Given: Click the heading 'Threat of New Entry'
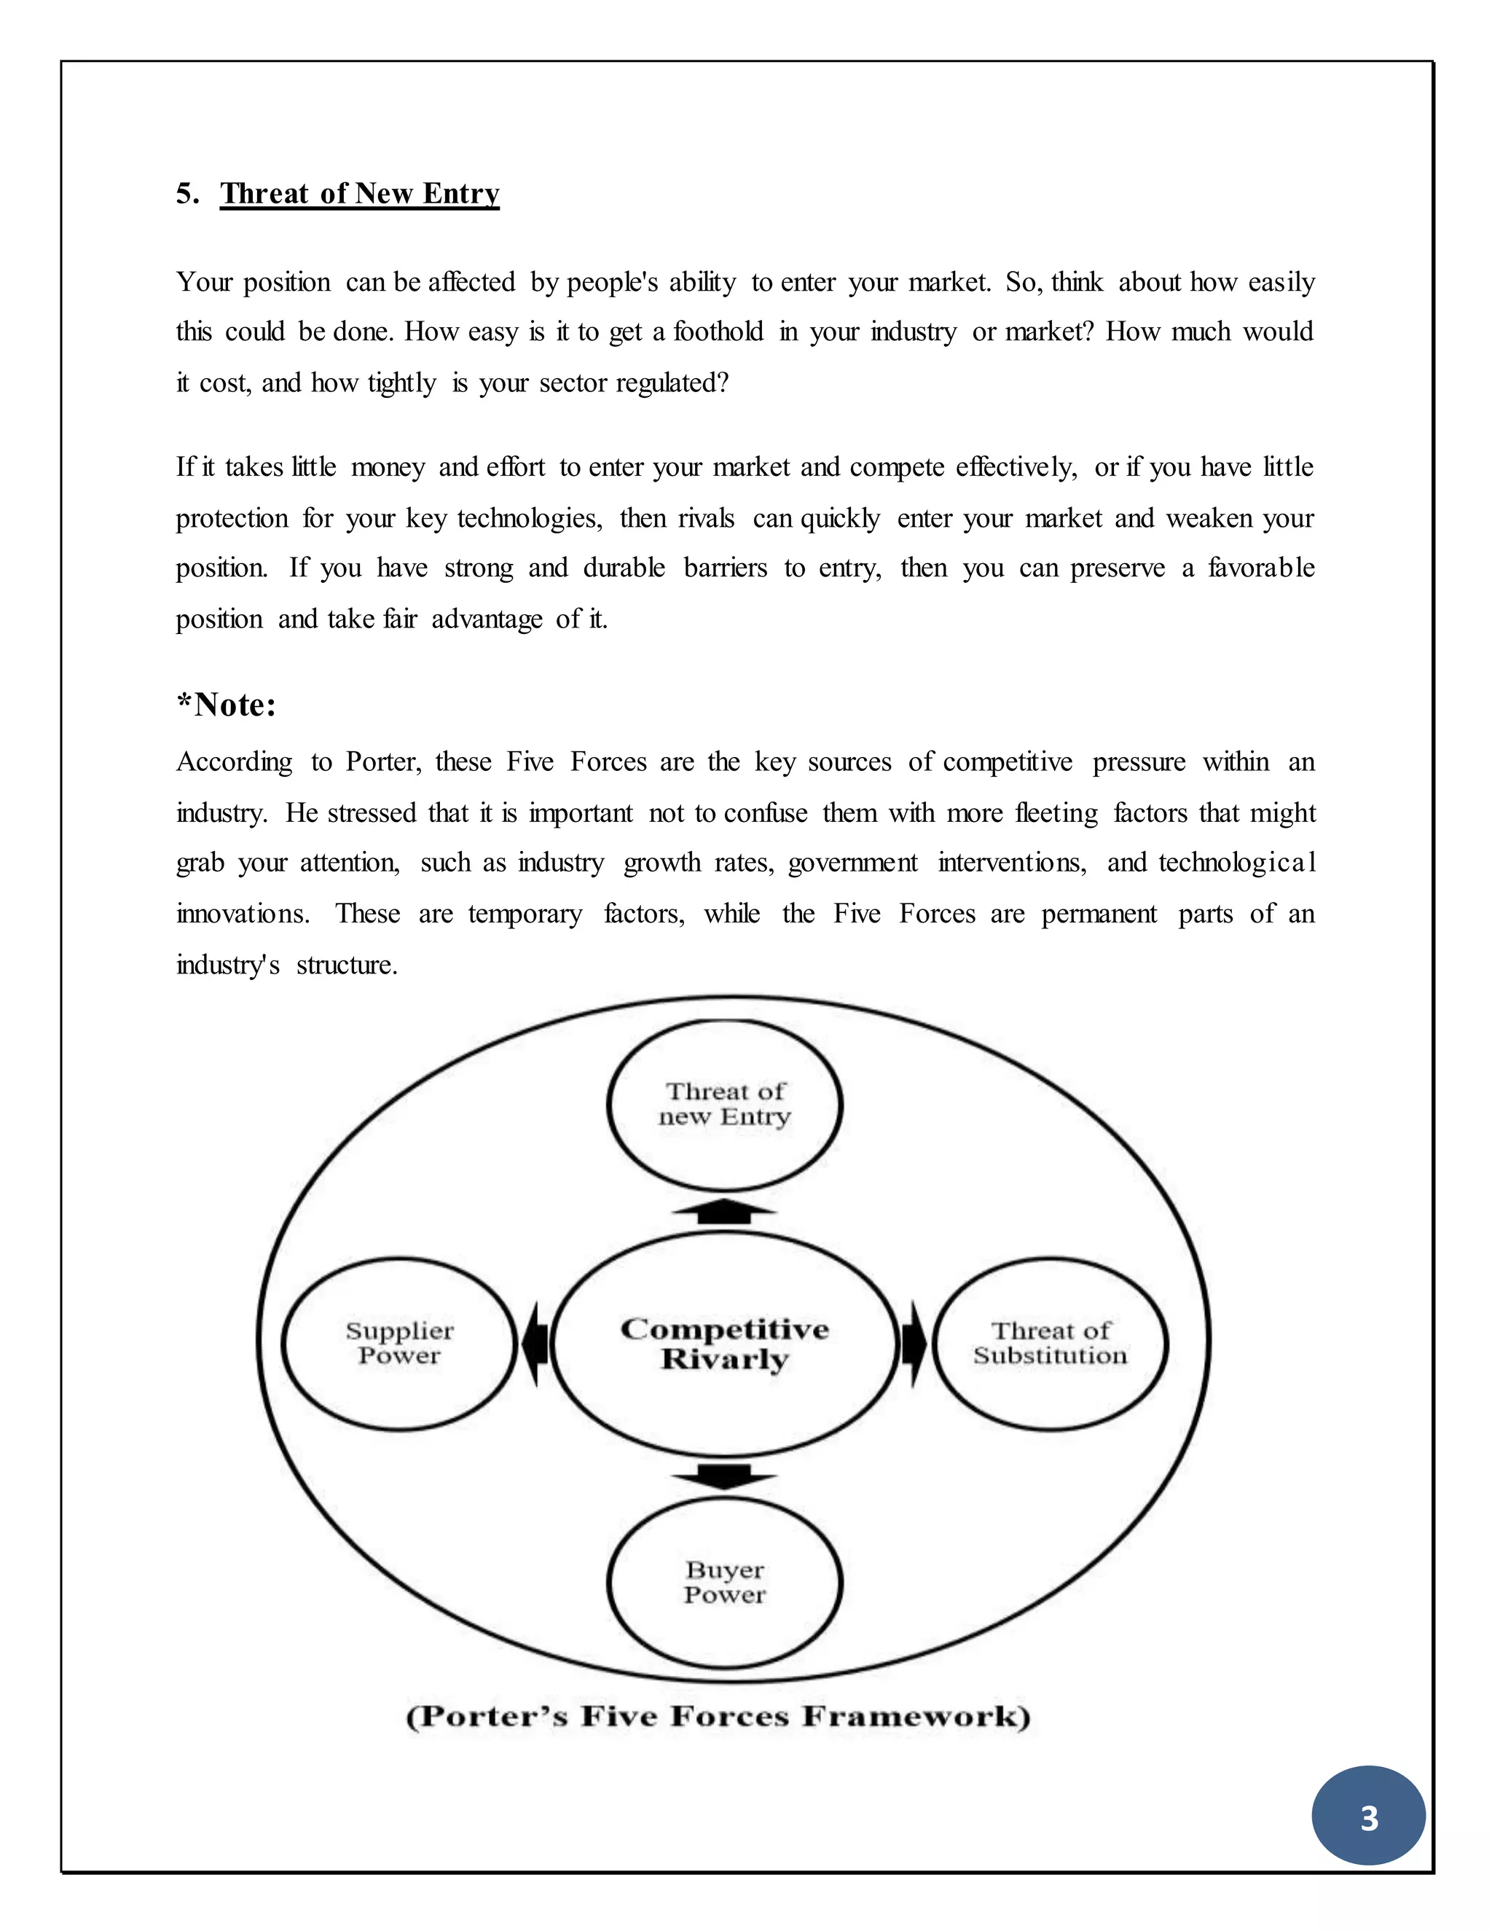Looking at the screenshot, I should pyautogui.click(x=360, y=194).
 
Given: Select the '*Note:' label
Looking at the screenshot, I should pyautogui.click(x=227, y=705).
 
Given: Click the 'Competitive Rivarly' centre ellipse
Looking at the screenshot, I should pyautogui.click(x=725, y=1343).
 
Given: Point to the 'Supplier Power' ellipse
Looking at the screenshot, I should pyautogui.click(x=398, y=1343).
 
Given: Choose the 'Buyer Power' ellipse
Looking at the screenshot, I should pyautogui.click(x=725, y=1582).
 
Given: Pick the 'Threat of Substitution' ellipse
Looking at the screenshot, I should pyautogui.click(x=1050, y=1343).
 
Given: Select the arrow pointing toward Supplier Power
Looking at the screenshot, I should pyautogui.click(x=535, y=1343).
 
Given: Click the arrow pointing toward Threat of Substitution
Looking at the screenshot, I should pyautogui.click(x=914, y=1343).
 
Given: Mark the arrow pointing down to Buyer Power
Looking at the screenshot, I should pyautogui.click(x=725, y=1476).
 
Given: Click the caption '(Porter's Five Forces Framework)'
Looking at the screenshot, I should pyautogui.click(x=718, y=1717).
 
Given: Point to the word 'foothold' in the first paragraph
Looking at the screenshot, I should pyautogui.click(x=718, y=332).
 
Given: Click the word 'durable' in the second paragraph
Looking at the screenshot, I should pyautogui.click(x=624, y=568).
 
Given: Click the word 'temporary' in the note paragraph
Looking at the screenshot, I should pyautogui.click(x=525, y=914).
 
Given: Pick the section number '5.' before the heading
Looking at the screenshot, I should pyautogui.click(x=187, y=194).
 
